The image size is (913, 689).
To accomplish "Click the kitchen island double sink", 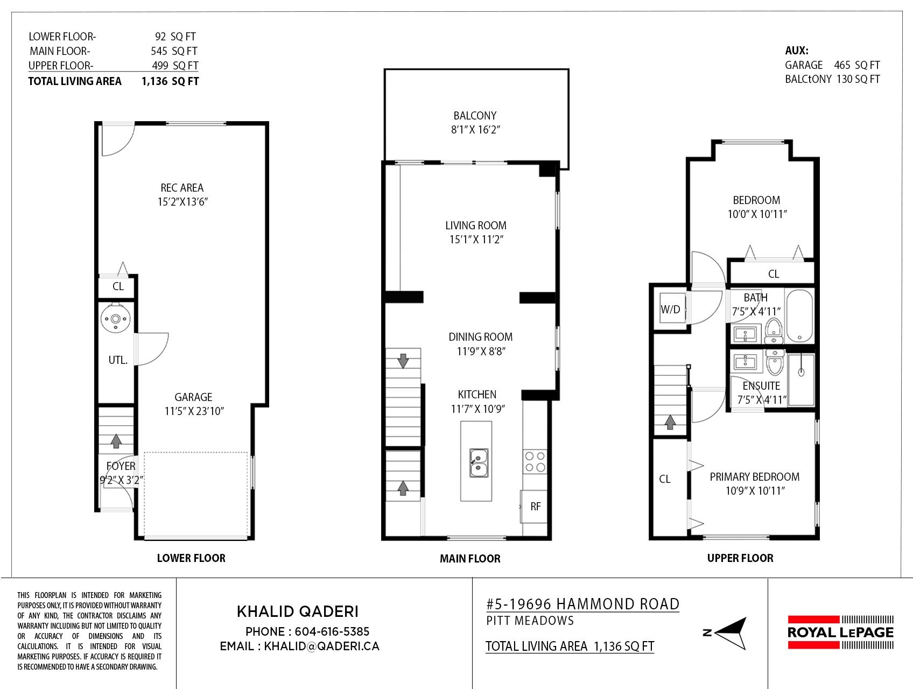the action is pyautogui.click(x=479, y=463).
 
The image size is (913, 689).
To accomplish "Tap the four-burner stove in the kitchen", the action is pyautogui.click(x=535, y=461).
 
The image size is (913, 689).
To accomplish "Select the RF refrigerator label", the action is pyautogui.click(x=536, y=507).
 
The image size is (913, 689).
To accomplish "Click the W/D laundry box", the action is pyautogui.click(x=671, y=309).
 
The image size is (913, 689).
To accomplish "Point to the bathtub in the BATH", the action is pyautogui.click(x=798, y=315).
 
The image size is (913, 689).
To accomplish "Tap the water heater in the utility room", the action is pyautogui.click(x=115, y=319).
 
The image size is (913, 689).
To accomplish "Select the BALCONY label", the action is pyautogui.click(x=475, y=116).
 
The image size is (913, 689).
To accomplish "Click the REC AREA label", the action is pyautogui.click(x=182, y=188).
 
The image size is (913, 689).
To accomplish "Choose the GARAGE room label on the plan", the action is pyautogui.click(x=193, y=397).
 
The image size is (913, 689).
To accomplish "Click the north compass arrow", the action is pyautogui.click(x=730, y=633).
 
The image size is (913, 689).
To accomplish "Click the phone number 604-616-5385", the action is pyautogui.click(x=332, y=631).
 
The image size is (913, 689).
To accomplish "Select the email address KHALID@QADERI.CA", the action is pyautogui.click(x=321, y=646).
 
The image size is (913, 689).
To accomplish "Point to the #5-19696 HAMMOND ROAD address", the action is pyautogui.click(x=582, y=604).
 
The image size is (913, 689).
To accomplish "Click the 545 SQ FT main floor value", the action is pyautogui.click(x=174, y=51).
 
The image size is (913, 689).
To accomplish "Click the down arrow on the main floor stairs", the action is pyautogui.click(x=403, y=361).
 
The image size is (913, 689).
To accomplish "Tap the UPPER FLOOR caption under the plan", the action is pyautogui.click(x=740, y=558).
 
